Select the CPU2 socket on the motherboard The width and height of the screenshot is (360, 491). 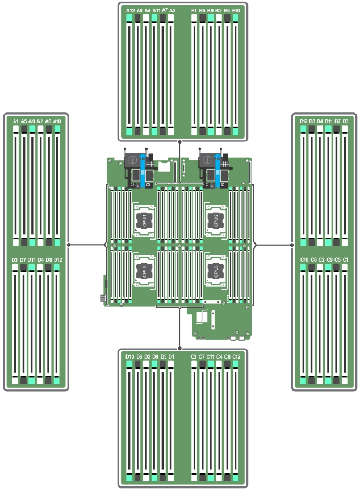[214, 219]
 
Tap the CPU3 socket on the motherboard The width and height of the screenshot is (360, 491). [214, 269]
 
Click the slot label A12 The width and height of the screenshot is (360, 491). [131, 10]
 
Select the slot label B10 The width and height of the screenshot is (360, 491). [236, 10]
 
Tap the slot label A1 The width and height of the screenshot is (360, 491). [15, 121]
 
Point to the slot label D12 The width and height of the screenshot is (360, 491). [57, 259]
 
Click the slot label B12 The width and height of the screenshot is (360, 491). [303, 121]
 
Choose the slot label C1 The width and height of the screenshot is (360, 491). [345, 259]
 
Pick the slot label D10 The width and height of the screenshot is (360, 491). [130, 356]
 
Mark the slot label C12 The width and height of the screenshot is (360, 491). [236, 356]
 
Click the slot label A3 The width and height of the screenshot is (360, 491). [173, 10]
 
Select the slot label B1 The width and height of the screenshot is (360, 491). [194, 10]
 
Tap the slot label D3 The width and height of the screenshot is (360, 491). [15, 259]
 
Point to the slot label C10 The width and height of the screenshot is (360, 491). [304, 259]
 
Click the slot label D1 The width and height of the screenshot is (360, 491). [172, 356]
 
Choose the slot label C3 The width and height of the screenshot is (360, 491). [194, 356]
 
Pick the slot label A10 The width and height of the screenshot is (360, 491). [57, 121]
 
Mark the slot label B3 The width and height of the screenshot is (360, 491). [345, 121]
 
